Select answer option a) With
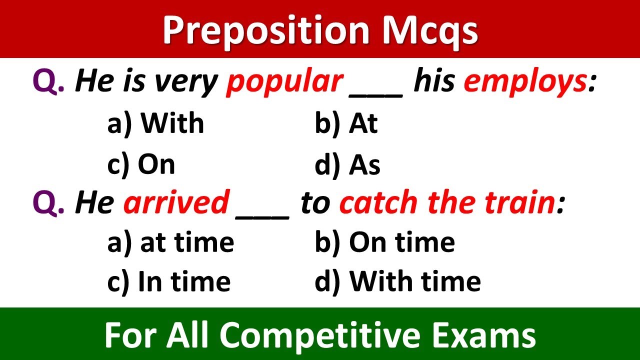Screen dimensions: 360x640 pos(155,123)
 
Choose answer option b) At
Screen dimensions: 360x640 pos(346,123)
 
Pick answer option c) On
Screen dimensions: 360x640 pos(141,164)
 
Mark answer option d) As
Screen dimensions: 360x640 pos(347,164)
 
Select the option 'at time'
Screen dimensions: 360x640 pos(170,242)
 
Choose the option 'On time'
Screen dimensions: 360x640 pos(384,242)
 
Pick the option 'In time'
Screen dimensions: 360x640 pos(169,281)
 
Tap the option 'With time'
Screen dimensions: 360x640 pos(397,281)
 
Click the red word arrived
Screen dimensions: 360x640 pos(176,203)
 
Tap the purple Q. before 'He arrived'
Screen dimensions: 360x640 pos(48,203)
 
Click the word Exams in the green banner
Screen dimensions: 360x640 pos(487,334)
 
